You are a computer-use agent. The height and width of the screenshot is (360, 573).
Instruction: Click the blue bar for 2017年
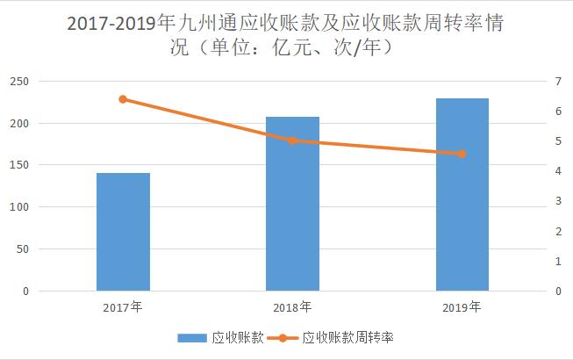tap(123, 232)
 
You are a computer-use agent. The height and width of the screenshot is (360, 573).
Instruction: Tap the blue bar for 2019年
tap(462, 194)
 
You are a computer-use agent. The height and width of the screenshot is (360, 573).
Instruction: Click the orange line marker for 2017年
tap(123, 99)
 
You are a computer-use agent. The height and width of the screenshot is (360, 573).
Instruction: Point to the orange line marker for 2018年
tap(292, 140)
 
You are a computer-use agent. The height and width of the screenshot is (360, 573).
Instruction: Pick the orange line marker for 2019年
tap(462, 154)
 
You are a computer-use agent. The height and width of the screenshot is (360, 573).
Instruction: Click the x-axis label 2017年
tap(123, 307)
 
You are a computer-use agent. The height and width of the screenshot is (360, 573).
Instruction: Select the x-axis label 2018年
tap(292, 307)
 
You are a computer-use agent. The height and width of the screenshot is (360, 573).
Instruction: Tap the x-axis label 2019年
tap(462, 307)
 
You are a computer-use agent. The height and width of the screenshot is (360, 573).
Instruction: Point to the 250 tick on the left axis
tap(19, 81)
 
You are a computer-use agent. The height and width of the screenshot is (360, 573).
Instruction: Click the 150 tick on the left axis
tap(19, 165)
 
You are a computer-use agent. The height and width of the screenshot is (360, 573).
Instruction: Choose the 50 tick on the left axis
tap(22, 249)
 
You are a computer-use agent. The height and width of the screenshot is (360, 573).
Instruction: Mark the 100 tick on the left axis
tap(19, 207)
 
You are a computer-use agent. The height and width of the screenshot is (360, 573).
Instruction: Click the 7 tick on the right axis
tap(558, 81)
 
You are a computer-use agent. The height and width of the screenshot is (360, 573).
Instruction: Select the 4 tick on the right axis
tap(558, 171)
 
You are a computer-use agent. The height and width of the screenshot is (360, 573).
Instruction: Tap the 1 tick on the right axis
tap(558, 262)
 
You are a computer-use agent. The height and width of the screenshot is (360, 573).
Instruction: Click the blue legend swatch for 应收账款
tap(190, 337)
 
